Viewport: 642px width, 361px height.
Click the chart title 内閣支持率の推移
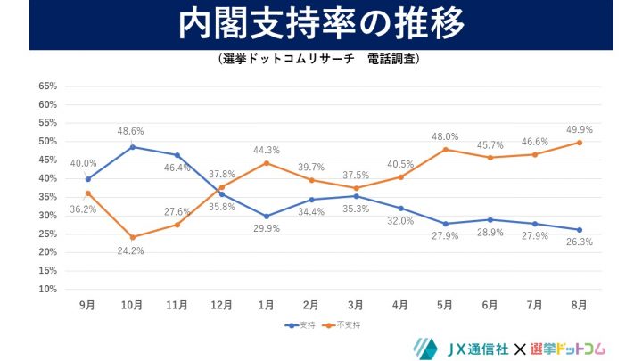point(321,25)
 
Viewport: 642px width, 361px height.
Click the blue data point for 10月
point(132,147)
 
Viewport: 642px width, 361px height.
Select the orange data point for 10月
point(132,237)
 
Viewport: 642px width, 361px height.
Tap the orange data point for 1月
point(267,163)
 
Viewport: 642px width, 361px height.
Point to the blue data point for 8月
point(580,229)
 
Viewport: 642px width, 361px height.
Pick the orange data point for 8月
point(580,143)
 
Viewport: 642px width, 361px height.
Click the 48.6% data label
point(132,131)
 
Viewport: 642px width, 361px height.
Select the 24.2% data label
point(132,251)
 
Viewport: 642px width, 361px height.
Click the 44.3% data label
point(267,150)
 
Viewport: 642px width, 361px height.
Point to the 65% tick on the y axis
point(47,86)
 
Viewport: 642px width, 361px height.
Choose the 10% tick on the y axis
point(47,289)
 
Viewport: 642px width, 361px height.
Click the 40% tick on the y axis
point(47,178)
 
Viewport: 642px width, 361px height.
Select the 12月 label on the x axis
point(222,305)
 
